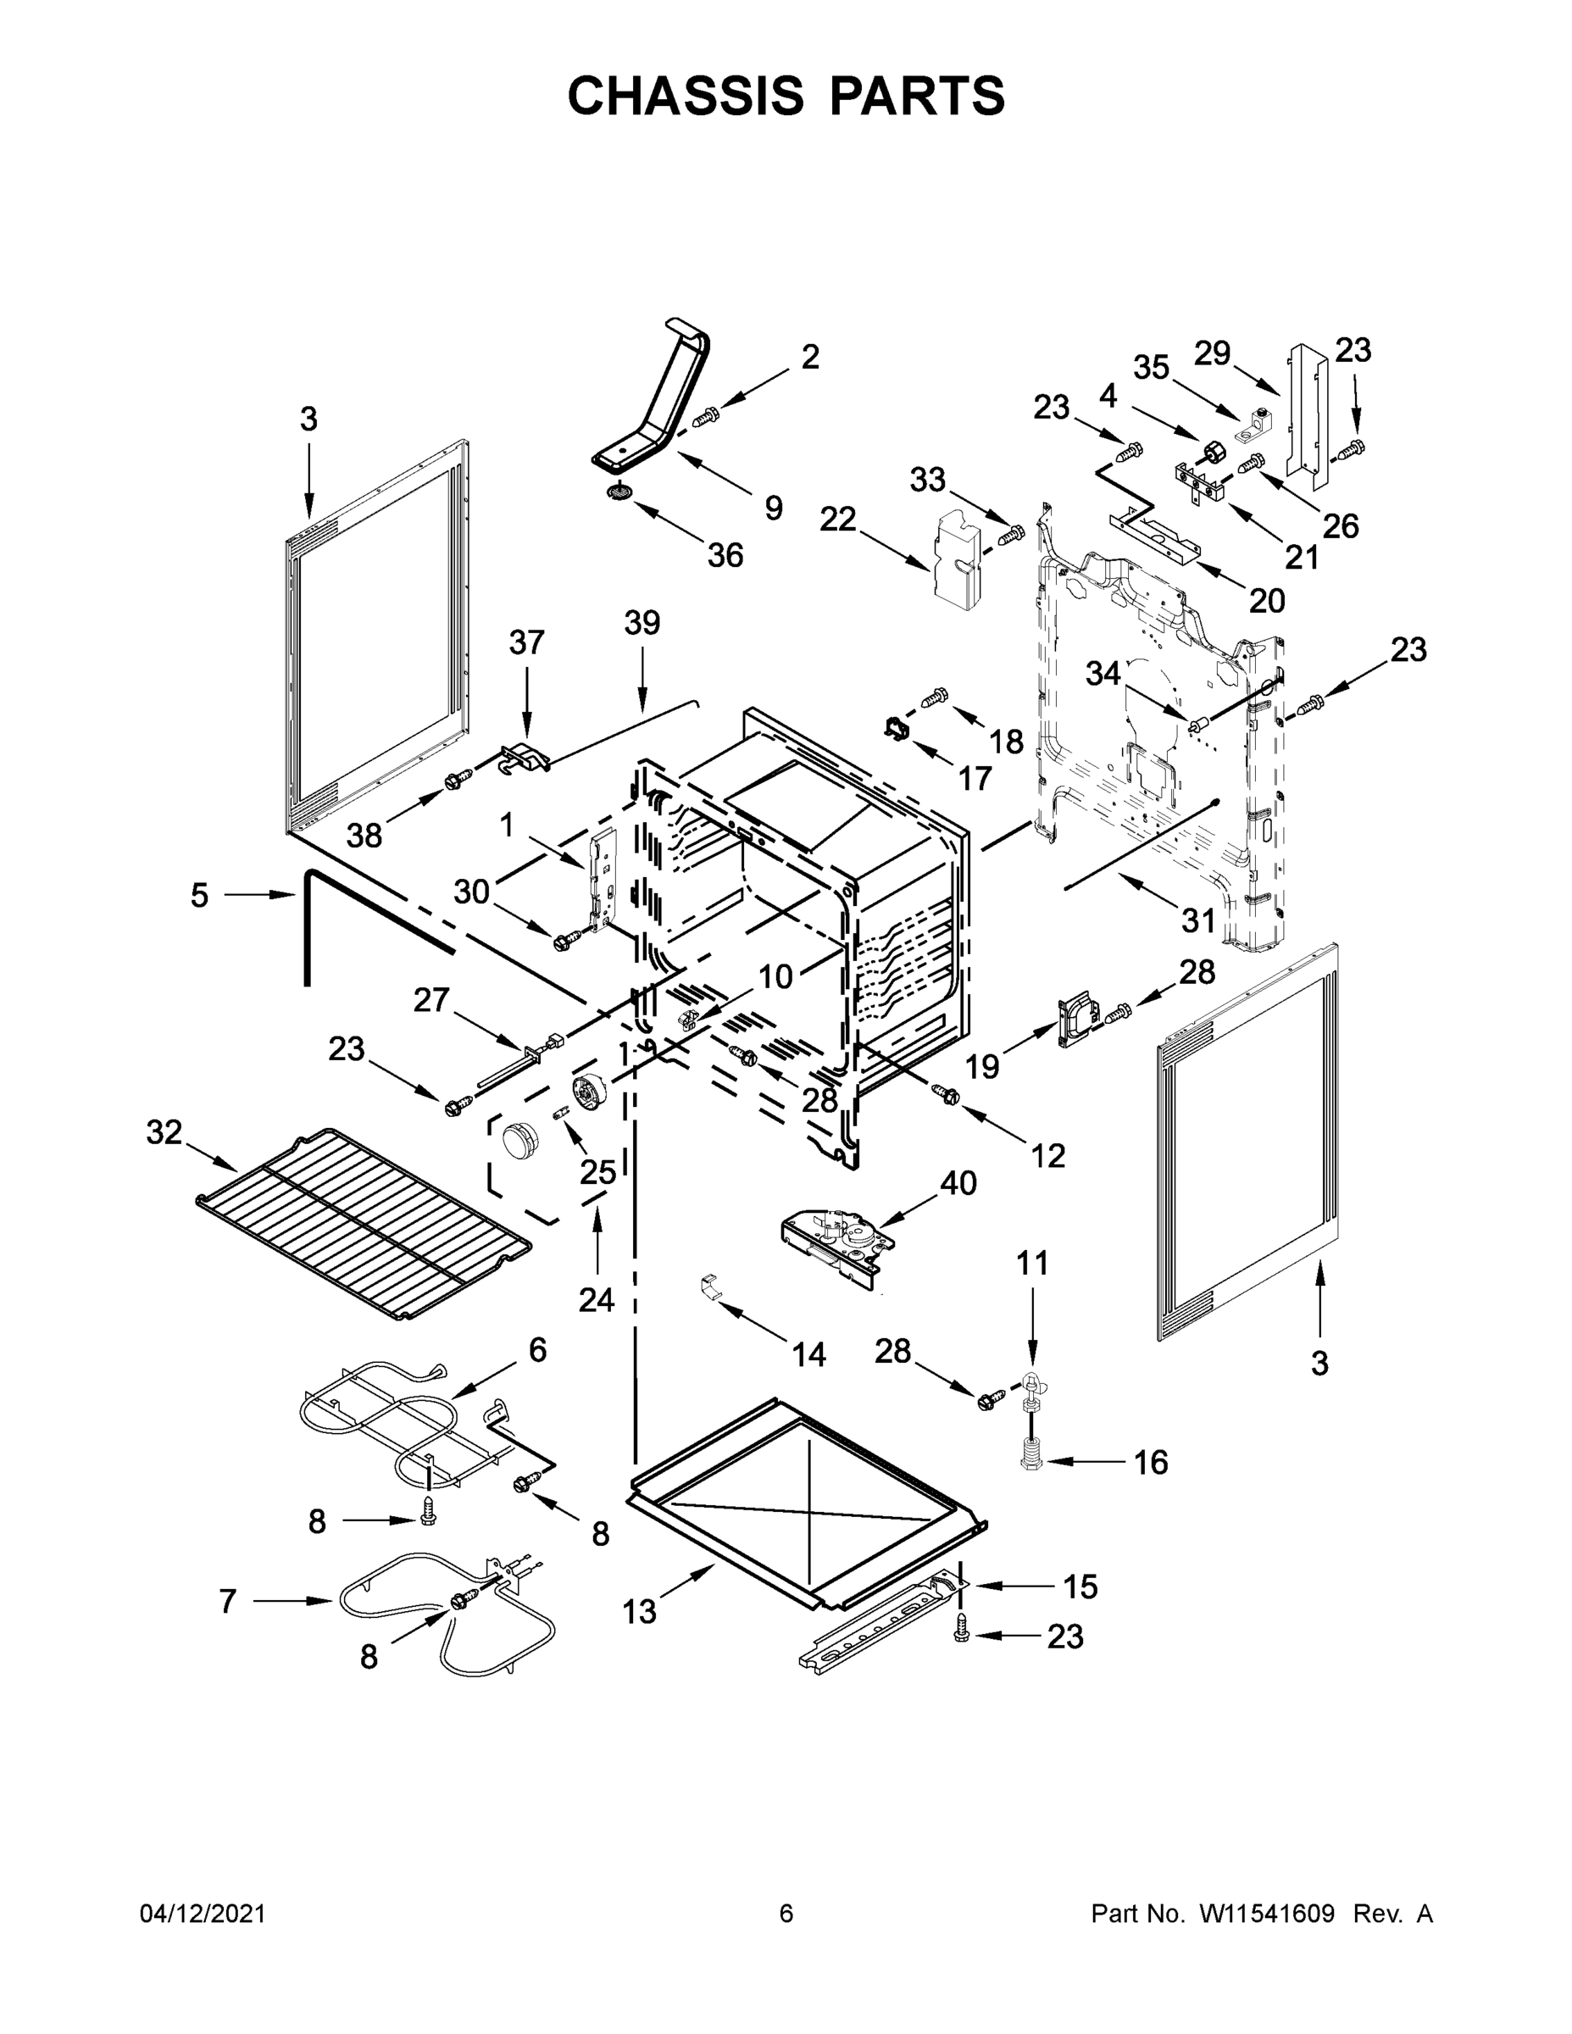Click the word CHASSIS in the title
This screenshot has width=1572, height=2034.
(686, 96)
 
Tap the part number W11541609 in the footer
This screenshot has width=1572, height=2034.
(1268, 1914)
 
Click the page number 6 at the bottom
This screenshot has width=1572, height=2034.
(786, 1914)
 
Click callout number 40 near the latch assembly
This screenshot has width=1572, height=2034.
(958, 1183)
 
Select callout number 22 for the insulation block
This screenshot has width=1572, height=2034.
(837, 520)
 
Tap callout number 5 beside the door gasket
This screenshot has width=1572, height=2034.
(199, 896)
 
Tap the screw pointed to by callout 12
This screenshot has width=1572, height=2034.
(948, 1095)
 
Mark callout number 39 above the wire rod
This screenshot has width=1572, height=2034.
(642, 623)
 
